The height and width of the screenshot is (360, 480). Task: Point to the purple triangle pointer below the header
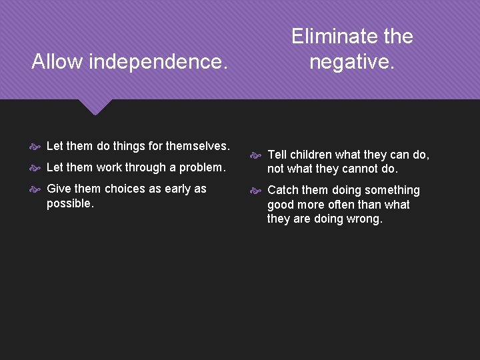95,107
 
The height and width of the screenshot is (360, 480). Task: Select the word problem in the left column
202,167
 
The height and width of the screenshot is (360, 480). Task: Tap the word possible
70,203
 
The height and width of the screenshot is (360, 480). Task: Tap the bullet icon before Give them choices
35,189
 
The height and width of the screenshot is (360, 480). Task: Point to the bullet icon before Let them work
35,167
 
